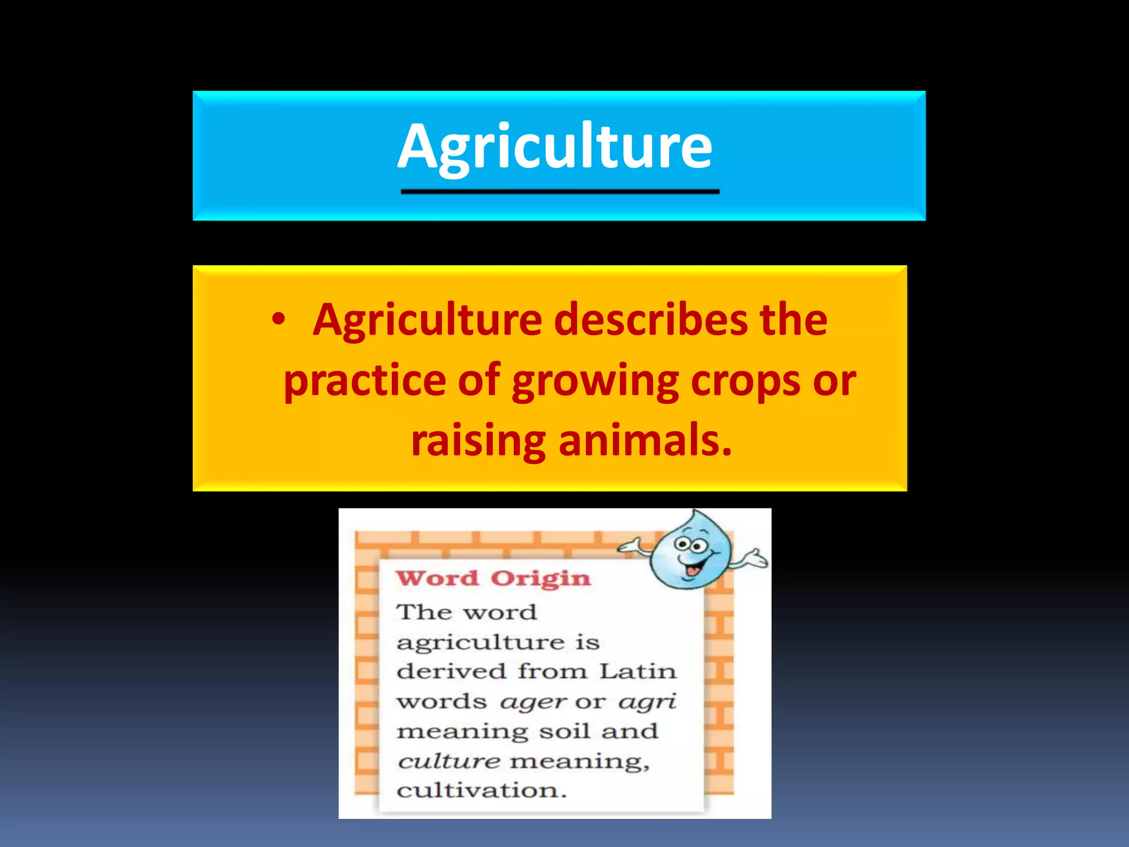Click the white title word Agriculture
[555, 147]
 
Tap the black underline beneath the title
[560, 191]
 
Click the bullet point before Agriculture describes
[279, 319]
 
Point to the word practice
[364, 380]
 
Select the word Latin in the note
[638, 672]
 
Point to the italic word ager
[533, 703]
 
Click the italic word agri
[647, 703]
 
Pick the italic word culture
[449, 762]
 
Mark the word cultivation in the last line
[481, 791]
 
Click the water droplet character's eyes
[692, 545]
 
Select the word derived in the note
[451, 672]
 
